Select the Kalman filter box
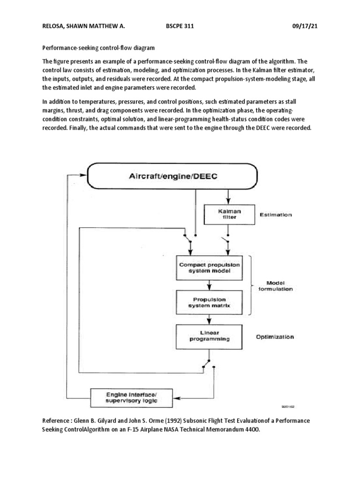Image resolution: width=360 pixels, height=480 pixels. pos(228,214)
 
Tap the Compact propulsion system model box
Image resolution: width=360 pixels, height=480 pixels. pos(210,267)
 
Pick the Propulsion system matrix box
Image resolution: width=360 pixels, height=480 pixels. pos(210,302)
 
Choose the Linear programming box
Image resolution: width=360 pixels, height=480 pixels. pos(210,336)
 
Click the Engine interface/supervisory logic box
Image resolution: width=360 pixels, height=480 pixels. pos(132,397)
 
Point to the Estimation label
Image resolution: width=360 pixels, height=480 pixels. pos(276,215)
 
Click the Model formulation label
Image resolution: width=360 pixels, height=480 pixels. pos(279,286)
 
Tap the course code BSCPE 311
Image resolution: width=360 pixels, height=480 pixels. pos(176,27)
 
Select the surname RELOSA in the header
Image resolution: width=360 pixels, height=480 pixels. pos(55,27)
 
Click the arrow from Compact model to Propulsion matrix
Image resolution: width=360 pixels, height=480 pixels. pos(210,285)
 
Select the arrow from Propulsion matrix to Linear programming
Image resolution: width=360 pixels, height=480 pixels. pos(210,319)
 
